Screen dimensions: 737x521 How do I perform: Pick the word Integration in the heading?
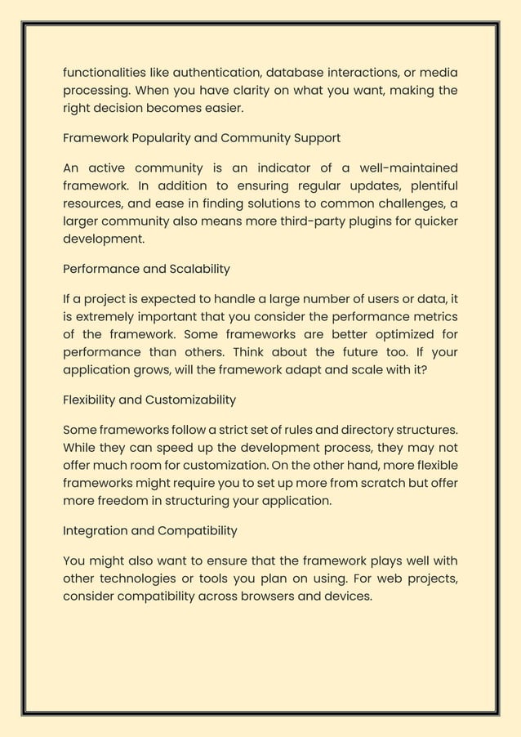pyautogui.click(x=96, y=530)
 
